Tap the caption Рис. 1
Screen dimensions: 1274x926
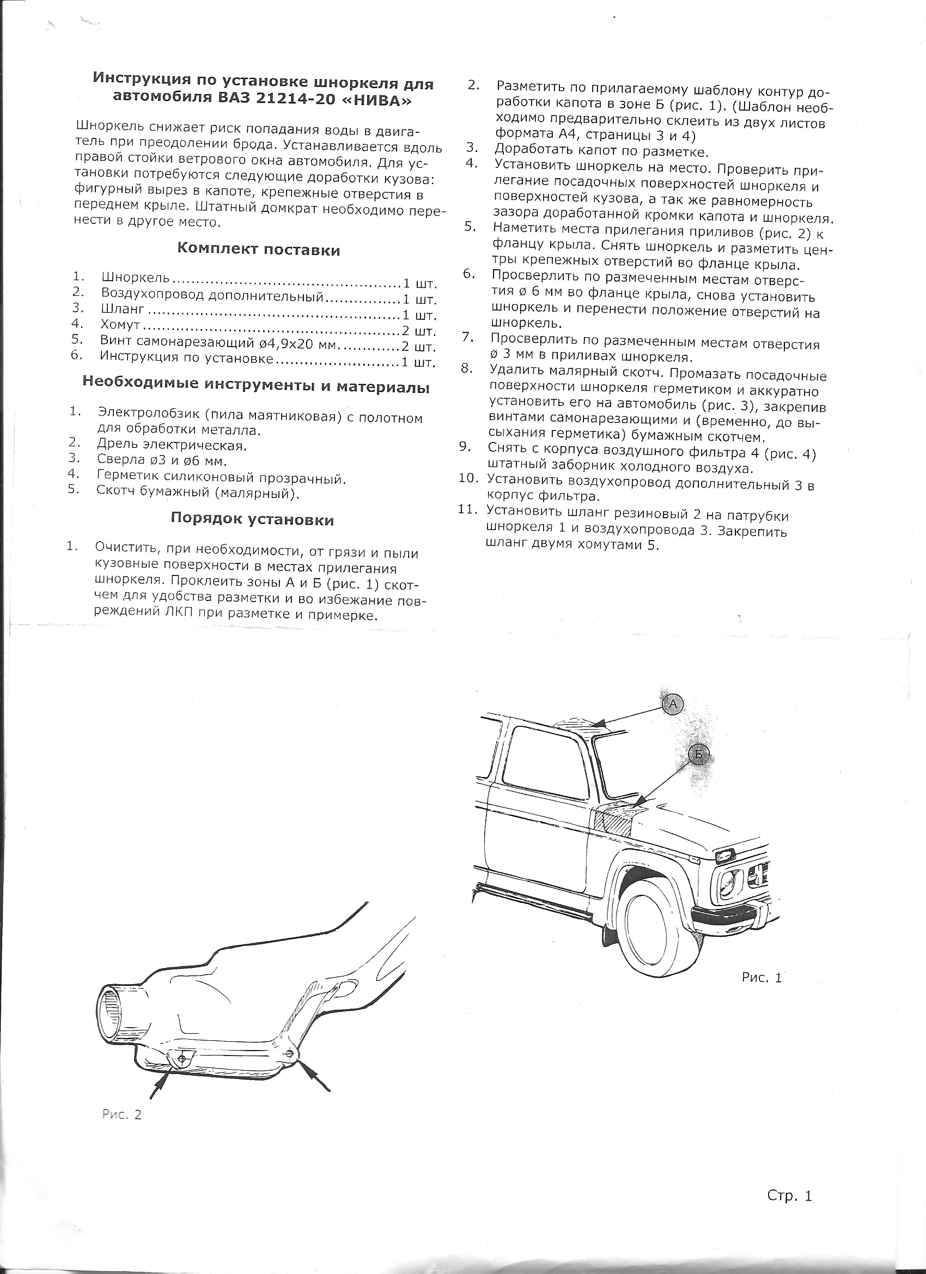tap(761, 978)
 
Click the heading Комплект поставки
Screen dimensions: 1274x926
tap(258, 250)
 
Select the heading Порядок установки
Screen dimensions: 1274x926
tap(252, 519)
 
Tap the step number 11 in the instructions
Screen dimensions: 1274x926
tap(468, 509)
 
